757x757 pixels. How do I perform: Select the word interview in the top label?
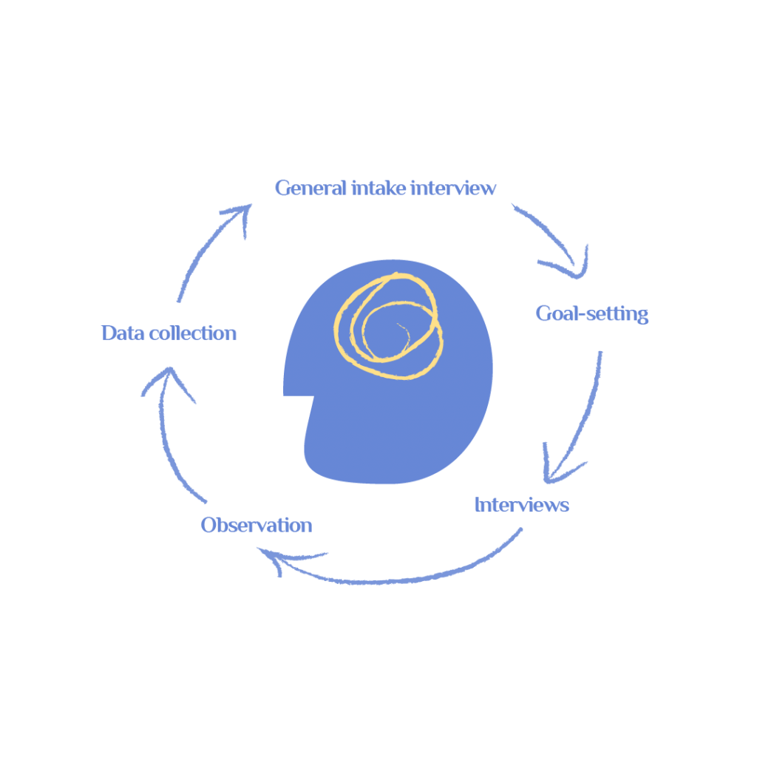click(x=453, y=188)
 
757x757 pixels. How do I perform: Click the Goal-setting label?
click(x=592, y=313)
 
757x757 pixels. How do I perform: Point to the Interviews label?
click(x=522, y=504)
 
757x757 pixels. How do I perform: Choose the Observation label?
click(x=257, y=525)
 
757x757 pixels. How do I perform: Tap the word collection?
click(x=193, y=333)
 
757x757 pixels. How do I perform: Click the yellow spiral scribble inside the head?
click(x=389, y=326)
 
